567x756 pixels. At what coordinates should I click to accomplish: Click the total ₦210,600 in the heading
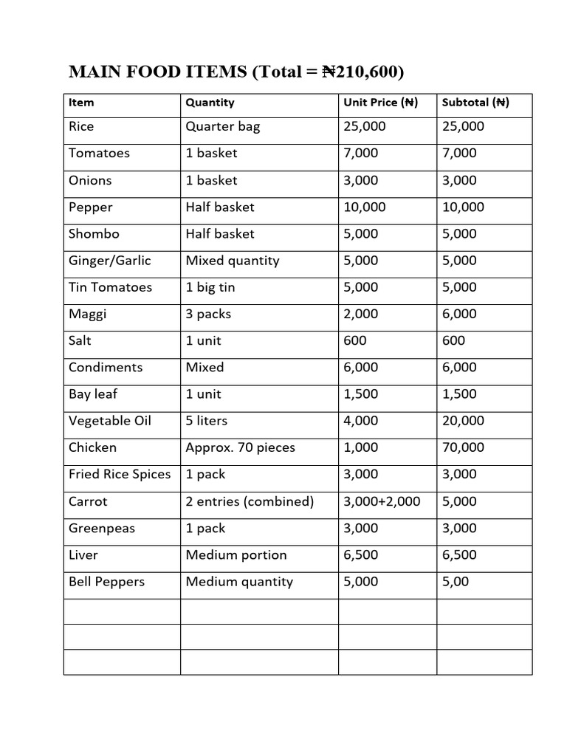pyautogui.click(x=363, y=72)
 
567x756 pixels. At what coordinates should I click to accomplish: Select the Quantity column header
pyautogui.click(x=210, y=103)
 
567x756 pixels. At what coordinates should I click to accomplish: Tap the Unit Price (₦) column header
pyautogui.click(x=380, y=103)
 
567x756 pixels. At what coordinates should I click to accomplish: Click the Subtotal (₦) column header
pyautogui.click(x=475, y=103)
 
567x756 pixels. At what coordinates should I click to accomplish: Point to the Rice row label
pyautogui.click(x=81, y=126)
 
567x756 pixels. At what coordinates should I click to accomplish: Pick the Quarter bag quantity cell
pyautogui.click(x=222, y=126)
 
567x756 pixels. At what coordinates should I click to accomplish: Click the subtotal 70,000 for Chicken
pyautogui.click(x=463, y=447)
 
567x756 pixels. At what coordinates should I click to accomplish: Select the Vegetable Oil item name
pyautogui.click(x=109, y=421)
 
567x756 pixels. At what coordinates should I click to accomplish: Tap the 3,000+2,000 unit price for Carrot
pyautogui.click(x=382, y=501)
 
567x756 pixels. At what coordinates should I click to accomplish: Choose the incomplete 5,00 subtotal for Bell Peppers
pyautogui.click(x=456, y=582)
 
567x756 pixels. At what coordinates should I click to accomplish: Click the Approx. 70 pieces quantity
pyautogui.click(x=240, y=447)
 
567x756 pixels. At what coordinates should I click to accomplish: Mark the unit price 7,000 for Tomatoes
pyautogui.click(x=361, y=153)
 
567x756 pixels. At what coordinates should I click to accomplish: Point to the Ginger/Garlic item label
pyautogui.click(x=109, y=260)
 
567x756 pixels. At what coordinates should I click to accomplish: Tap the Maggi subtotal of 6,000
pyautogui.click(x=459, y=314)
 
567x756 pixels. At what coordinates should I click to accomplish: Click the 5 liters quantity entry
pyautogui.click(x=206, y=421)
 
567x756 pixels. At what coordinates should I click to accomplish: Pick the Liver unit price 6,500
pyautogui.click(x=361, y=554)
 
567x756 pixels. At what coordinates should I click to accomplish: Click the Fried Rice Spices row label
pyautogui.click(x=119, y=474)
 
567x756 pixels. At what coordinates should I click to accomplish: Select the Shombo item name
pyautogui.click(x=94, y=233)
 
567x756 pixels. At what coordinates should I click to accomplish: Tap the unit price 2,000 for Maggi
pyautogui.click(x=361, y=314)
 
